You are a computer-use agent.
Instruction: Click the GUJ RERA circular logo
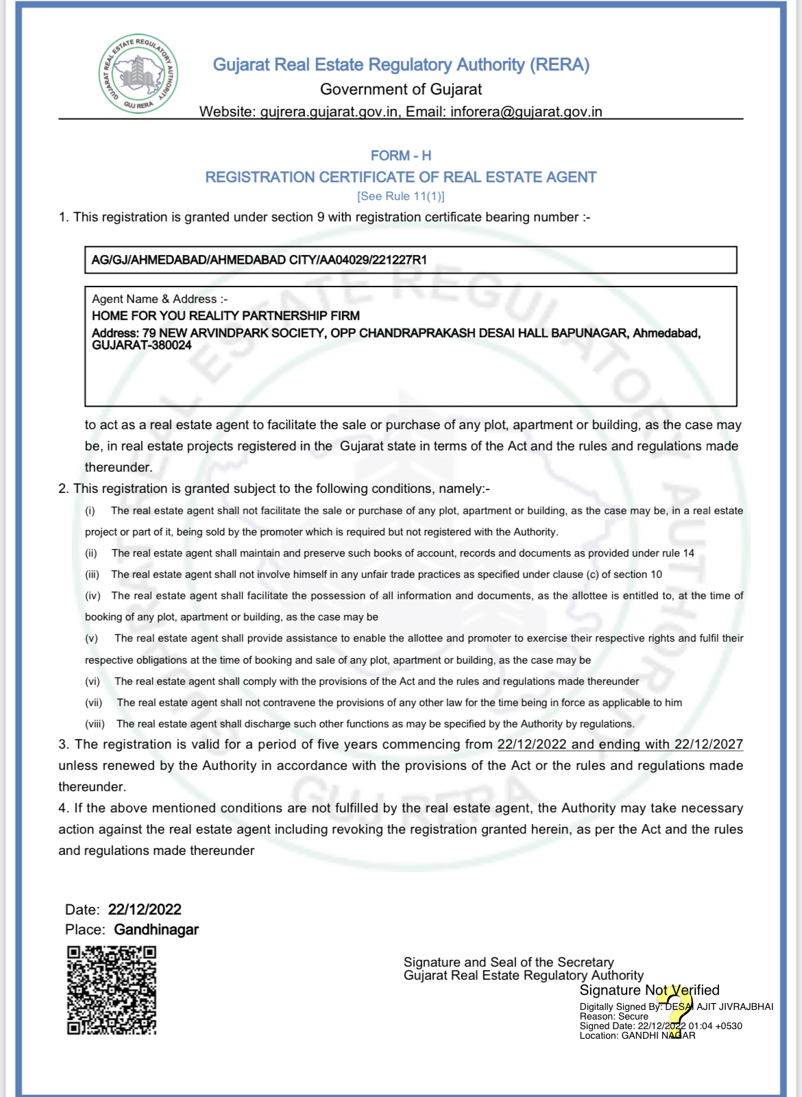tap(138, 73)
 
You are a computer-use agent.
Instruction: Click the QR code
tap(111, 989)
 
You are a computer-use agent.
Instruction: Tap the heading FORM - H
tap(401, 156)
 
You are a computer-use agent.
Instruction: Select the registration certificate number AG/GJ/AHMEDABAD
tap(259, 260)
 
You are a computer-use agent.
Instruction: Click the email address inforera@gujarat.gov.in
tap(526, 112)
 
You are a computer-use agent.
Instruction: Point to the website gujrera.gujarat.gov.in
tap(329, 112)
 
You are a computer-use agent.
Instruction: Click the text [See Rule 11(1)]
tap(401, 196)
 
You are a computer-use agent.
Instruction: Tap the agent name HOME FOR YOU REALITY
tap(226, 316)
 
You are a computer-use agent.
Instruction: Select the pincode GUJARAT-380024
tap(142, 346)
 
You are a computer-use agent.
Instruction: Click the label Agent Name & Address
tap(159, 299)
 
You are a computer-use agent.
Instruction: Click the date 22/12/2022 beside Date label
tap(145, 910)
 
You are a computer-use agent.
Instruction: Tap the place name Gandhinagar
tap(156, 930)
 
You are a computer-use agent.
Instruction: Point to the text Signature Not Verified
tap(649, 990)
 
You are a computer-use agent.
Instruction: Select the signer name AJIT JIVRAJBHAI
tap(735, 1006)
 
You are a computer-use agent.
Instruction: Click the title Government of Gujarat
tap(401, 90)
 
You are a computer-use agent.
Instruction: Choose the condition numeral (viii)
tap(95, 724)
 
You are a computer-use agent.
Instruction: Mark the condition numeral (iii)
tap(93, 575)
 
